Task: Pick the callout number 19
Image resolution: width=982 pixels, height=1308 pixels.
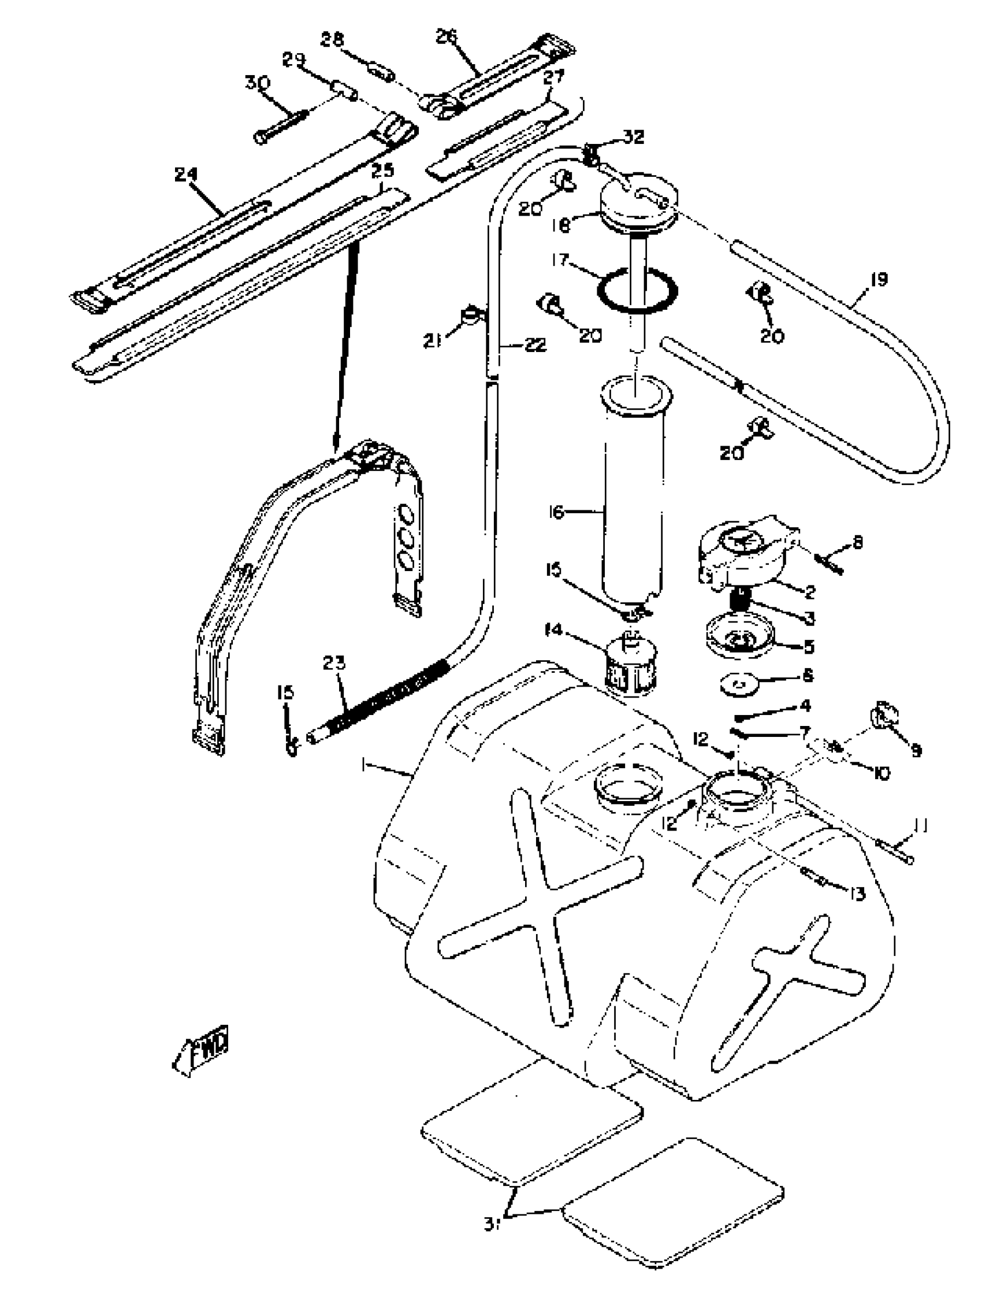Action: (x=879, y=279)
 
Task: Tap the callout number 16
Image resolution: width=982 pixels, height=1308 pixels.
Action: (x=556, y=512)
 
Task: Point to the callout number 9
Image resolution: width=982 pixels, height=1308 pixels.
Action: (x=916, y=750)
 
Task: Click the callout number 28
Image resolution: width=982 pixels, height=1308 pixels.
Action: (x=332, y=40)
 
